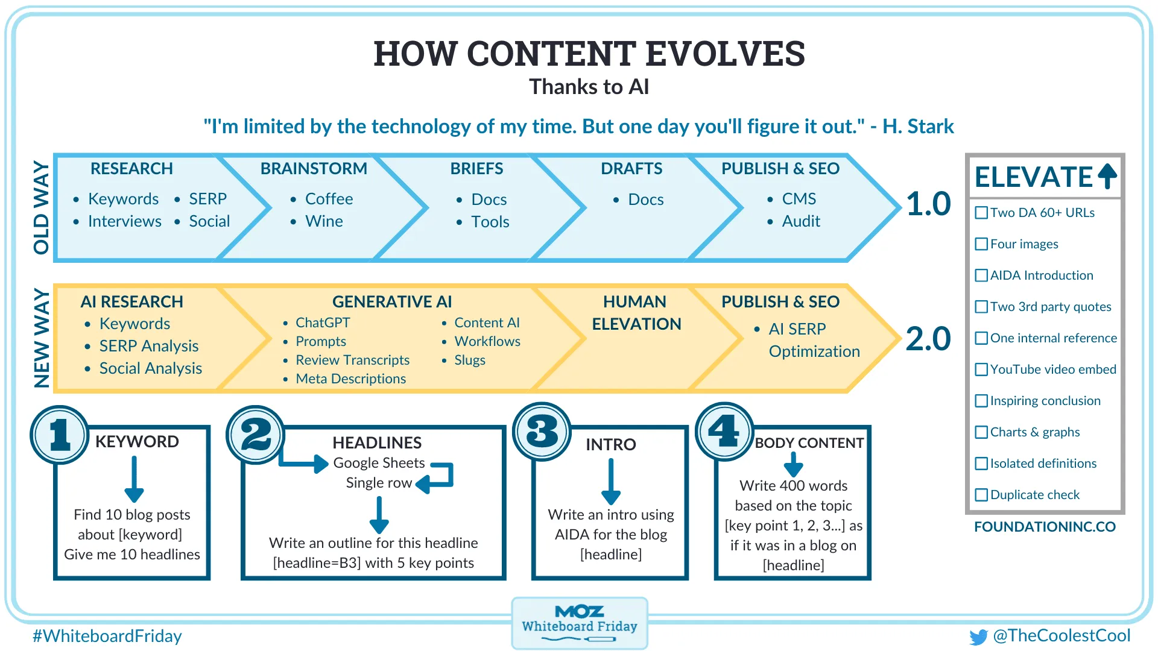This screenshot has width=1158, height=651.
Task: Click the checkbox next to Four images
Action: click(x=981, y=244)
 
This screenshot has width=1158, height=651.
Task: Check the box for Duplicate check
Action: click(x=981, y=495)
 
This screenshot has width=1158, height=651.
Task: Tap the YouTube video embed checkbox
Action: click(x=981, y=370)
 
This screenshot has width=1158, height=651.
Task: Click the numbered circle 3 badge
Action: click(x=542, y=432)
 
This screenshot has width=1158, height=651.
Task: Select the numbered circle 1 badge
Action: click(x=60, y=435)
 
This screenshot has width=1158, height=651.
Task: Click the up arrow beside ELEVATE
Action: click(x=1107, y=176)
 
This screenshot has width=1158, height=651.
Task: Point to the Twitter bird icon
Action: click(x=978, y=637)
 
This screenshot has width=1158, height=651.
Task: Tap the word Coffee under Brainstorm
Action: click(x=329, y=199)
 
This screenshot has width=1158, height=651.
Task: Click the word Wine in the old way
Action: click(x=324, y=221)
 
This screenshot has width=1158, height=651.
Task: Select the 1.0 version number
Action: click(x=928, y=204)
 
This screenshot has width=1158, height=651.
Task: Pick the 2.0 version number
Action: click(x=928, y=339)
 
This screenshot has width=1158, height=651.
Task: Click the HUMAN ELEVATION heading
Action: click(x=636, y=313)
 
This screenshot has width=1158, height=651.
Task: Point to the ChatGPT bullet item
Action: click(x=323, y=323)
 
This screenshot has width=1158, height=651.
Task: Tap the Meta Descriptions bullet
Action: click(x=350, y=379)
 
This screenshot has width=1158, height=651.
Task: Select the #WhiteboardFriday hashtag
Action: click(x=107, y=636)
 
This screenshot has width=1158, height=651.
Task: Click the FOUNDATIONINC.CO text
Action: click(x=1045, y=527)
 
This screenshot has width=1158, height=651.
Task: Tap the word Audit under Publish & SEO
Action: click(x=801, y=221)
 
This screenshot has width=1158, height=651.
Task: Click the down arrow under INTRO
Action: click(x=611, y=482)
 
